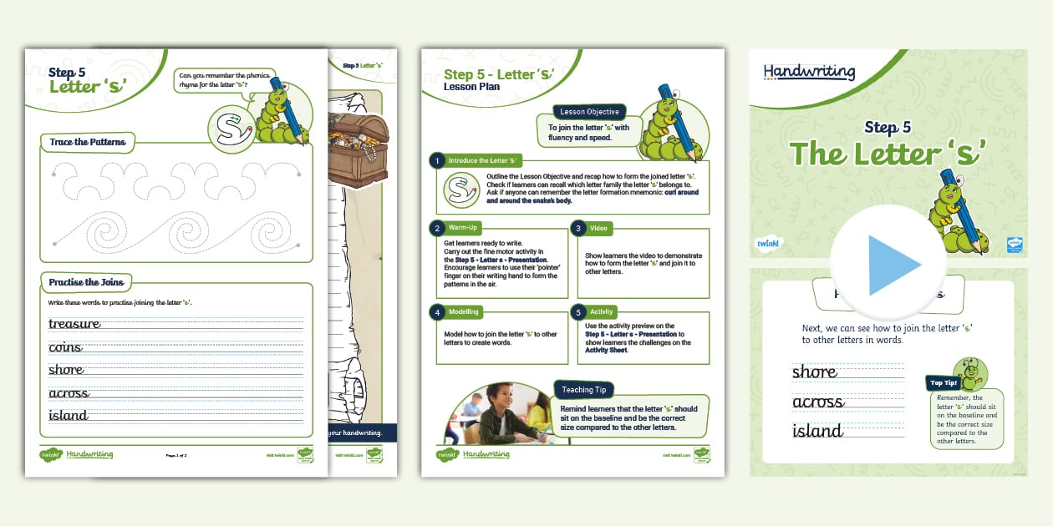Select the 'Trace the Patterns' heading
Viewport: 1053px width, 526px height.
[88, 142]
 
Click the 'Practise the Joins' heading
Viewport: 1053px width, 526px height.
[86, 282]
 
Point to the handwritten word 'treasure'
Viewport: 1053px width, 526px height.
[74, 324]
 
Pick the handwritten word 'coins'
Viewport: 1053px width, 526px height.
[65, 347]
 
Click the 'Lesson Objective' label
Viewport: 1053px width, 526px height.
[589, 112]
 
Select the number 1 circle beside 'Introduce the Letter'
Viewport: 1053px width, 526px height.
[436, 160]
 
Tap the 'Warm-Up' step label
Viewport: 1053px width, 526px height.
[463, 227]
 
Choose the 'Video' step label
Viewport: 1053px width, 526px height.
[598, 227]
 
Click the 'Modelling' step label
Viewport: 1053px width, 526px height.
[464, 311]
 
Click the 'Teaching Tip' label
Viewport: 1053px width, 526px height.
[583, 389]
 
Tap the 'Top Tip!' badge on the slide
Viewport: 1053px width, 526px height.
[944, 383]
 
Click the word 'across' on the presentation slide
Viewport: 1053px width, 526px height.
[817, 402]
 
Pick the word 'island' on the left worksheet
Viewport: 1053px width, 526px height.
[68, 415]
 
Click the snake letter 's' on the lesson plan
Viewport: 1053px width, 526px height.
[457, 190]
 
